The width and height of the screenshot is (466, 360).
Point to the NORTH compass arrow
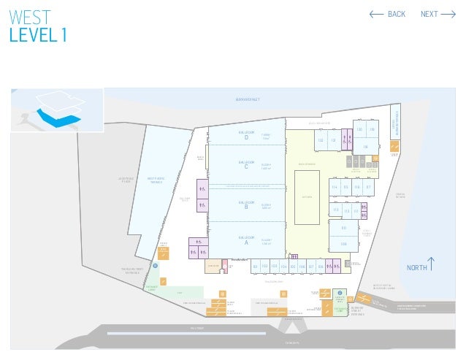pyautogui.click(x=433, y=263)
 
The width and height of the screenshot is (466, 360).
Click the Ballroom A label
pyautogui.click(x=246, y=240)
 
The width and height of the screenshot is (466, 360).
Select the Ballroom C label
pyautogui.click(x=246, y=164)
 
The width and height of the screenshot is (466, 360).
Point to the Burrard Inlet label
pyautogui.click(x=248, y=99)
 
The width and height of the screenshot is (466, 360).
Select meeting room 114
pyautogui.click(x=335, y=188)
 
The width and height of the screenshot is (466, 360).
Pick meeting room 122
pyautogui.click(x=320, y=140)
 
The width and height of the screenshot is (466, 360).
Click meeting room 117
pyautogui.click(x=369, y=188)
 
